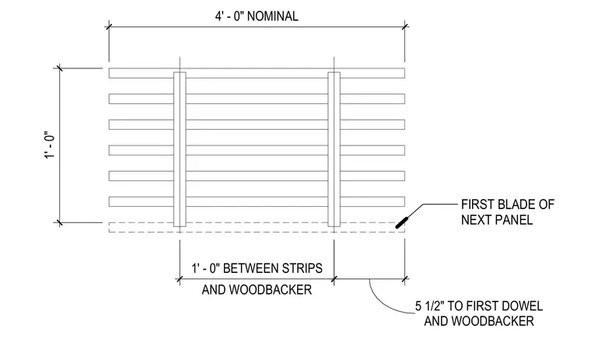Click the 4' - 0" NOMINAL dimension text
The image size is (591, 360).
pyautogui.click(x=257, y=16)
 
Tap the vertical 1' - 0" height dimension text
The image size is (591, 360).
pyautogui.click(x=50, y=145)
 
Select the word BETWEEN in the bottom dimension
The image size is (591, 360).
pyautogui.click(x=250, y=268)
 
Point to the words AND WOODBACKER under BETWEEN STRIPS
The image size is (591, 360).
pyautogui.click(x=257, y=290)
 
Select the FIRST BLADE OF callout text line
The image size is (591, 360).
pyautogui.click(x=508, y=204)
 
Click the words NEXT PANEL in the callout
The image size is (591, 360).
pyautogui.click(x=497, y=219)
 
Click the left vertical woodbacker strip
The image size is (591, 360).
pyautogui.click(x=180, y=149)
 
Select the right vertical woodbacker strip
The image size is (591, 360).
pyautogui.click(x=334, y=149)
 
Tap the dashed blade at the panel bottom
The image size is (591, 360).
pyautogui.click(x=257, y=227)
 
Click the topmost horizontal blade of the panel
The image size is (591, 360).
pyautogui.click(x=257, y=73)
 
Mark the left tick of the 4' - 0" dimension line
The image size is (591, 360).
pyautogui.click(x=109, y=26)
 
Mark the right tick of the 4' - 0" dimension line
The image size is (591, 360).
pyautogui.click(x=405, y=26)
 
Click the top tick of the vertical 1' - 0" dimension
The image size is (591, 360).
pyautogui.click(x=60, y=68)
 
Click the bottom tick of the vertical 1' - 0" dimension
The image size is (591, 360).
pyautogui.click(x=60, y=223)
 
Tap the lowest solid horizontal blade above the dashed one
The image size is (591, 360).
pyautogui.click(x=257, y=201)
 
